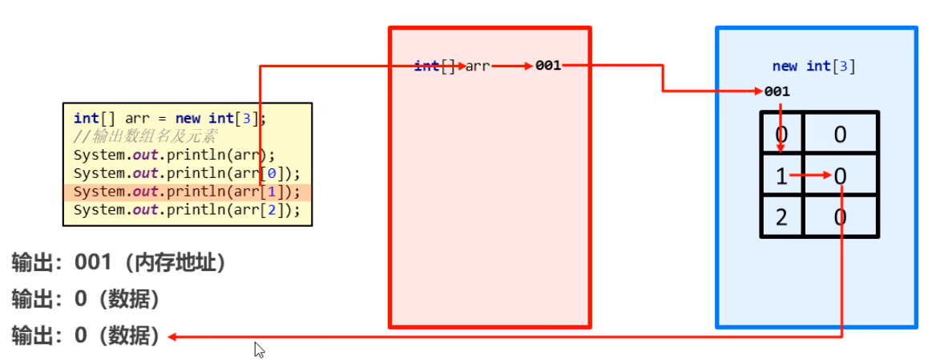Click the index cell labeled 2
[781, 217]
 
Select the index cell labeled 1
[781, 176]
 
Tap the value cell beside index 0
[840, 133]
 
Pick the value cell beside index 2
[840, 217]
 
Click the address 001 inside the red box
[548, 66]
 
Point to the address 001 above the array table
[777, 91]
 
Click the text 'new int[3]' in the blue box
[813, 67]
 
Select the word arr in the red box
[478, 66]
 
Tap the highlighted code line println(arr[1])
[187, 192]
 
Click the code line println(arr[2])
[187, 210]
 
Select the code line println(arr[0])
[187, 173]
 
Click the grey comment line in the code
[144, 136]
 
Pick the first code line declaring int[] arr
[168, 119]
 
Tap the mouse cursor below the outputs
[259, 350]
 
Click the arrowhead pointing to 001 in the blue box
[758, 91]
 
